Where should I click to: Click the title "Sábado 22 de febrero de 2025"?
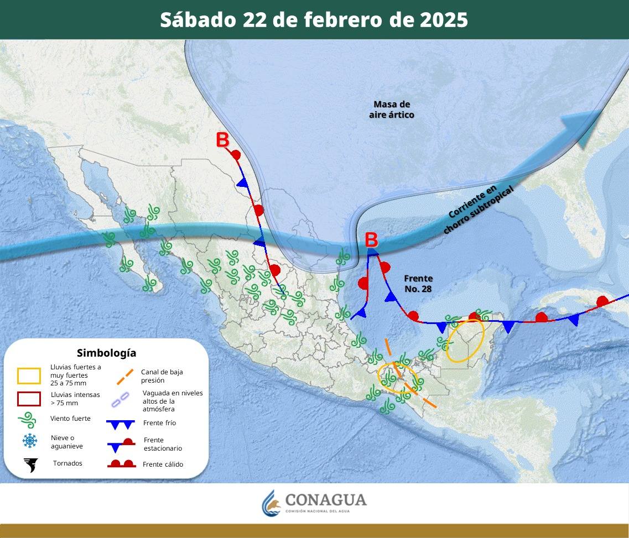pyautogui.click(x=314, y=20)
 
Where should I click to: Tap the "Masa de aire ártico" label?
pyautogui.click(x=392, y=109)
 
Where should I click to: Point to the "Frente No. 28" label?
pyautogui.click(x=418, y=284)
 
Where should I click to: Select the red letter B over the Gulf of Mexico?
pyautogui.click(x=371, y=241)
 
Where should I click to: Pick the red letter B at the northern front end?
pyautogui.click(x=222, y=140)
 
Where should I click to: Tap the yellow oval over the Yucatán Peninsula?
pyautogui.click(x=465, y=341)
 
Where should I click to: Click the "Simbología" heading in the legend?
pyautogui.click(x=106, y=353)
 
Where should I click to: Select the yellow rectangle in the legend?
pyautogui.click(x=29, y=376)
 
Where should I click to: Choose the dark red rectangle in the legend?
pyautogui.click(x=29, y=399)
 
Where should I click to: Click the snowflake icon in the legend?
pyautogui.click(x=30, y=441)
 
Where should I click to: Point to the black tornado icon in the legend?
pyautogui.click(x=30, y=465)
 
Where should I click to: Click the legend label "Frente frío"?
pyautogui.click(x=159, y=423)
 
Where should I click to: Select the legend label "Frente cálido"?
pyautogui.click(x=163, y=464)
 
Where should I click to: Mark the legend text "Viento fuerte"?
pyautogui.click(x=70, y=419)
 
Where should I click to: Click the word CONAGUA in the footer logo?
pyautogui.click(x=326, y=500)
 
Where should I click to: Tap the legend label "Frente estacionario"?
pyautogui.click(x=162, y=444)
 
